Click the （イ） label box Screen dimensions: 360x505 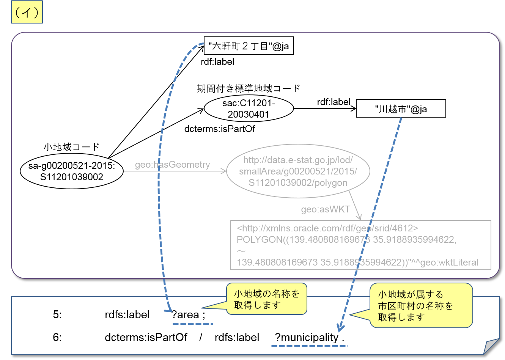coord(27,13)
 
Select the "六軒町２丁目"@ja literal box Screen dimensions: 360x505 coord(249,46)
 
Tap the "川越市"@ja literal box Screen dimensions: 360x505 coord(401,109)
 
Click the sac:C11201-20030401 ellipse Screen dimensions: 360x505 coord(249,108)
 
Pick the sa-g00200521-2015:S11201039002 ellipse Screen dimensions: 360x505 coord(72,171)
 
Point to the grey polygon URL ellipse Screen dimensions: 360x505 coord(298,171)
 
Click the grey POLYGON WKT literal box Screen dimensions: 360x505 coord(360,245)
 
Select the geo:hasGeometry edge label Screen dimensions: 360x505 coord(172,165)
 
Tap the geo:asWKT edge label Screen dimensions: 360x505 coord(325,209)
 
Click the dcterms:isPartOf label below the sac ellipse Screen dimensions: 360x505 coord(219,129)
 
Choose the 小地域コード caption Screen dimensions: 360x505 coord(71,147)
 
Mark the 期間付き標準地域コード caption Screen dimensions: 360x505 coord(249,88)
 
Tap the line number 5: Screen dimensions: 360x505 coord(57,315)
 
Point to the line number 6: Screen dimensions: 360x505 coord(57,337)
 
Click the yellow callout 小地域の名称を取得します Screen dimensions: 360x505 coord(266,299)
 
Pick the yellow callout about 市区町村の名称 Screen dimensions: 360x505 coord(421,305)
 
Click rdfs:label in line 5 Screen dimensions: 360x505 coord(127,315)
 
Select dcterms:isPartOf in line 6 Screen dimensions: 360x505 coord(146,337)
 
